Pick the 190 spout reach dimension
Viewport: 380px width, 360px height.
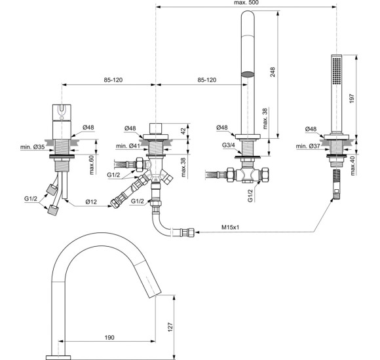click(x=109, y=338)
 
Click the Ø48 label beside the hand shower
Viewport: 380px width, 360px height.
click(x=309, y=128)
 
